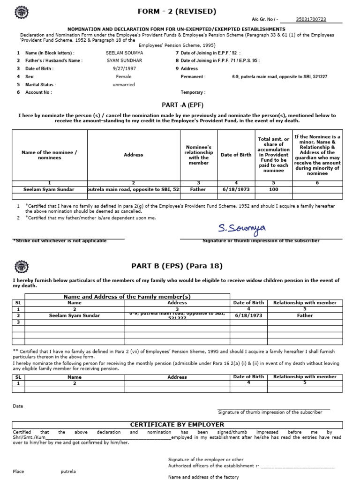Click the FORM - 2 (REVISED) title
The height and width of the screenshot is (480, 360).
click(177, 11)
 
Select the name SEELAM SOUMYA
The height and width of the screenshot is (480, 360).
click(125, 53)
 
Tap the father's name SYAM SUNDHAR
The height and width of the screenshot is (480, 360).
click(125, 60)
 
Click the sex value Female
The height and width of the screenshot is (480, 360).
click(124, 76)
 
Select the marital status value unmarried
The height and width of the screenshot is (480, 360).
click(124, 85)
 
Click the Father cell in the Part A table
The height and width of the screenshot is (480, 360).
click(198, 190)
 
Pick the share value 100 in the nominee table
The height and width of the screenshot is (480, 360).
click(273, 190)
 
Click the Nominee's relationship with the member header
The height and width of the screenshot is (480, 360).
click(198, 155)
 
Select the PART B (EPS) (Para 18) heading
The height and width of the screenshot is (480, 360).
click(177, 266)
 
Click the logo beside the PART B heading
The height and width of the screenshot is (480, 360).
click(21, 266)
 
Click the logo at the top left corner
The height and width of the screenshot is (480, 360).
click(21, 11)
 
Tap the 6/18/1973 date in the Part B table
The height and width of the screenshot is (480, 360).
click(248, 315)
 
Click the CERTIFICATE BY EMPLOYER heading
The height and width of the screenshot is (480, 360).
click(177, 425)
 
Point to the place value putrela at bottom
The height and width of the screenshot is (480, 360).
click(68, 472)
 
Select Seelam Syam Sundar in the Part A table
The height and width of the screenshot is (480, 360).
click(49, 190)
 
